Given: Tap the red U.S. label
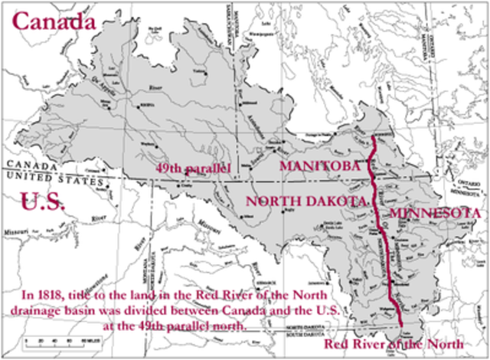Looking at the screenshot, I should click(39, 202).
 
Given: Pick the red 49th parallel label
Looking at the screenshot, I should click(194, 167).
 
